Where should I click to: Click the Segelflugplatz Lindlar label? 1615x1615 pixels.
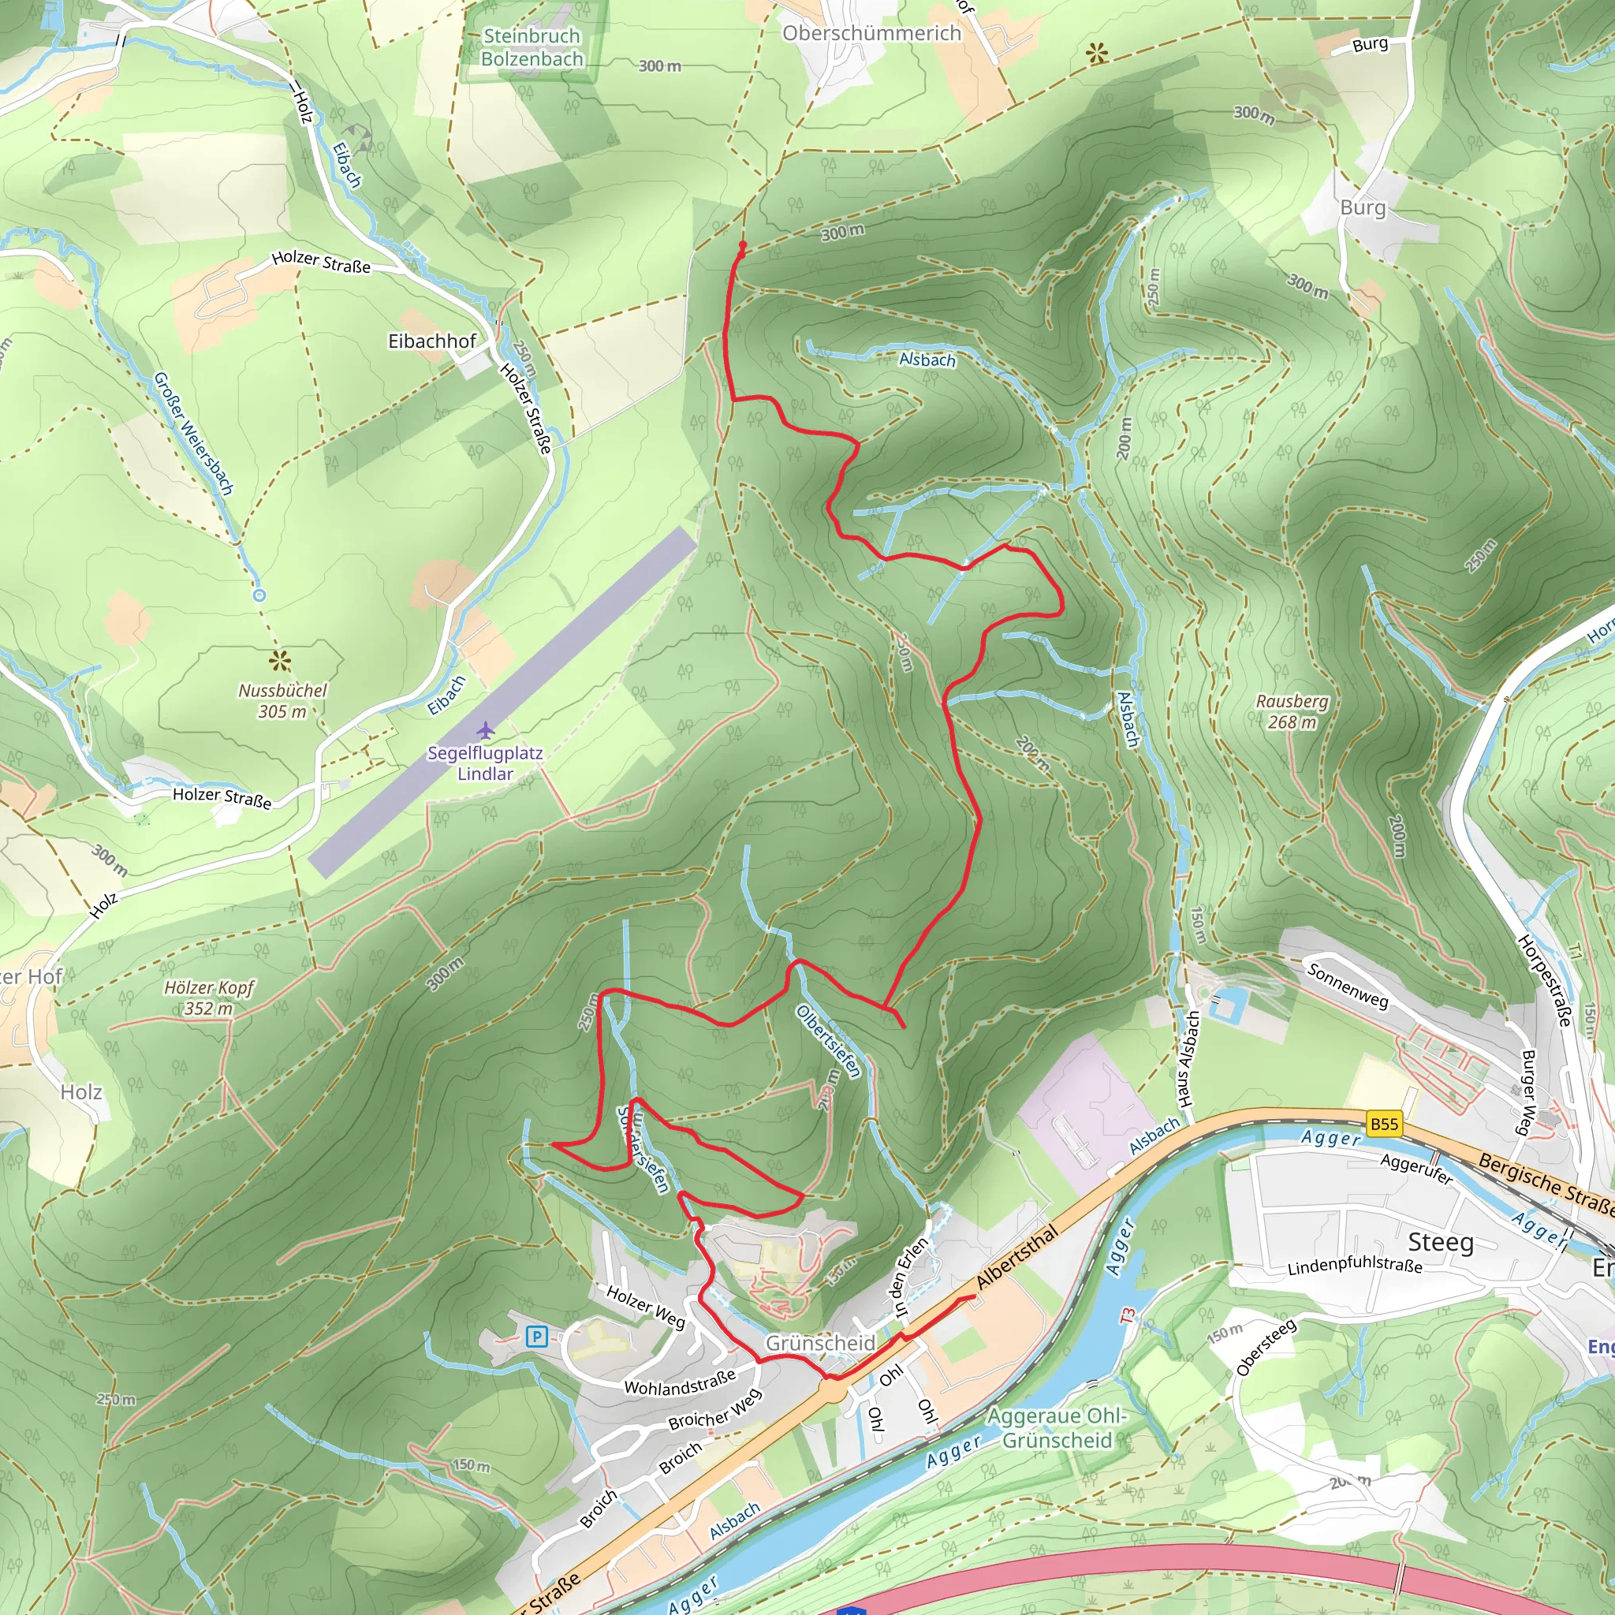[485, 763]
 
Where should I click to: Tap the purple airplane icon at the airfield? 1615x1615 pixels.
[486, 730]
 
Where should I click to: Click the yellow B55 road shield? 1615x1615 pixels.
[1383, 1125]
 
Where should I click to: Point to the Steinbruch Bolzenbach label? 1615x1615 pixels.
[531, 47]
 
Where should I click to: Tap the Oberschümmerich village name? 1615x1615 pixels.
[871, 33]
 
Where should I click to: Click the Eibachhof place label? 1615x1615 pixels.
[431, 341]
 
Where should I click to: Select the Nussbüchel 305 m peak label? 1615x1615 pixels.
[282, 700]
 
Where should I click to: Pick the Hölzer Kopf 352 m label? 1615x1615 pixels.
[209, 998]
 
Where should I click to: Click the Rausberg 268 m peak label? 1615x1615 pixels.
[1292, 711]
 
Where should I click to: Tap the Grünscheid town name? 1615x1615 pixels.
[820, 1343]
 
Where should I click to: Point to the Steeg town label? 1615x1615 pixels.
[1440, 1242]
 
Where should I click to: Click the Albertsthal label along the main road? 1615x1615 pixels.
[1016, 1256]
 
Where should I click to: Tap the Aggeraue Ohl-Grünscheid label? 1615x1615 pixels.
[1057, 1428]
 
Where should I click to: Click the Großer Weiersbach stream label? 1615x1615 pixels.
[193, 433]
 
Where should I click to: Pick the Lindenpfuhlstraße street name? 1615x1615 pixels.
[1354, 1266]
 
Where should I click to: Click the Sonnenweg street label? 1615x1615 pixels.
[1347, 985]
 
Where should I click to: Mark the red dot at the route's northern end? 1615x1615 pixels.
[742, 245]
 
